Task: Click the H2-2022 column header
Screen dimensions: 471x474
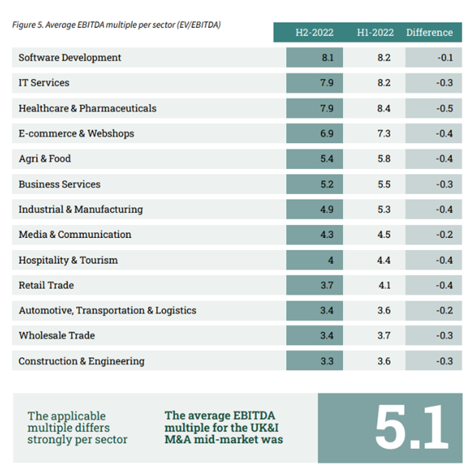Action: [x=314, y=32]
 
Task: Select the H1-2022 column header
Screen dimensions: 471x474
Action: [x=374, y=32]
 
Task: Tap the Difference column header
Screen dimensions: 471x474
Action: [x=429, y=32]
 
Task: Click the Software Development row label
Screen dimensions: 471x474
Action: [x=70, y=58]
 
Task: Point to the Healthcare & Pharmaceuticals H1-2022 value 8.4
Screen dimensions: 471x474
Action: [x=384, y=108]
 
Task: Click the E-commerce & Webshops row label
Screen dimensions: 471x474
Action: [x=76, y=133]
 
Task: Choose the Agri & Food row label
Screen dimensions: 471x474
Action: [x=45, y=159]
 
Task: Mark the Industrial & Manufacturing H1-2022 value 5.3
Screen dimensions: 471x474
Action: [x=384, y=209]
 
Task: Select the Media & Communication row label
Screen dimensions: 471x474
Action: [x=75, y=234]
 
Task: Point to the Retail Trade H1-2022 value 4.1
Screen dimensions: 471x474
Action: [x=384, y=285]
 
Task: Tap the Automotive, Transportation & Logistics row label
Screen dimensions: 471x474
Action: [x=107, y=311]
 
